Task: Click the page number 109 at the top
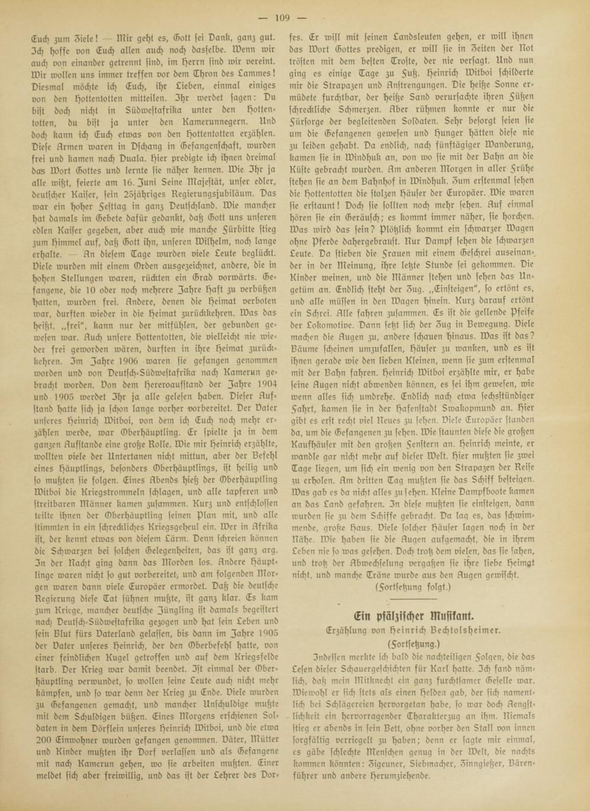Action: [294, 17]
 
